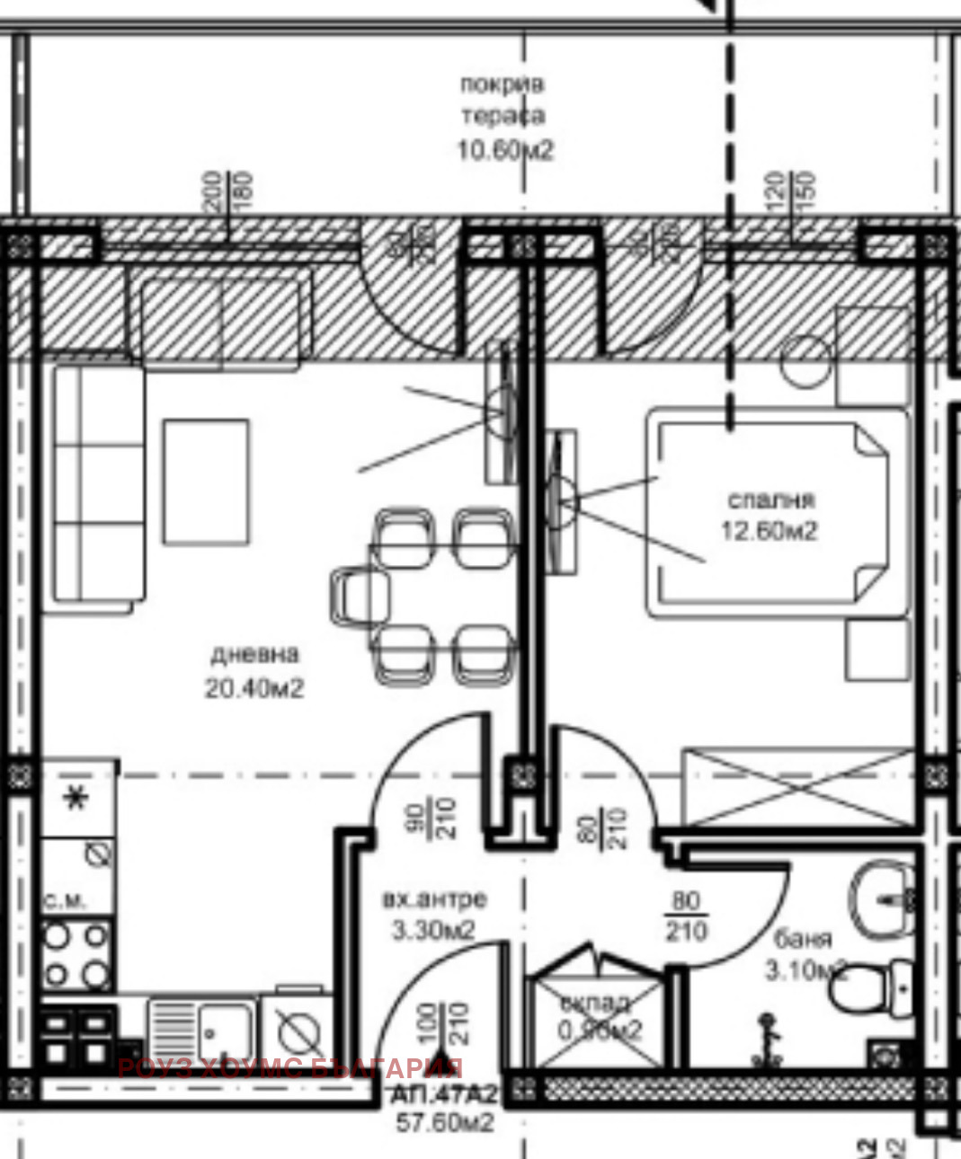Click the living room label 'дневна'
coord(254,654)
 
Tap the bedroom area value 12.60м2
coord(770,531)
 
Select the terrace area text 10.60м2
coord(505,149)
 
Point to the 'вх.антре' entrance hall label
coord(435,898)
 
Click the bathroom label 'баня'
coord(803,939)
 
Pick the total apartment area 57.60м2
coord(445,1123)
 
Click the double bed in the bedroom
coord(778,512)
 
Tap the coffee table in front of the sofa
coord(206,482)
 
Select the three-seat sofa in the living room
coord(99,483)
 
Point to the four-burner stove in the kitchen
coord(77,955)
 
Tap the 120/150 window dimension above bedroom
coord(792,190)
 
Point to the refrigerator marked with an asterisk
coord(77,798)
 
